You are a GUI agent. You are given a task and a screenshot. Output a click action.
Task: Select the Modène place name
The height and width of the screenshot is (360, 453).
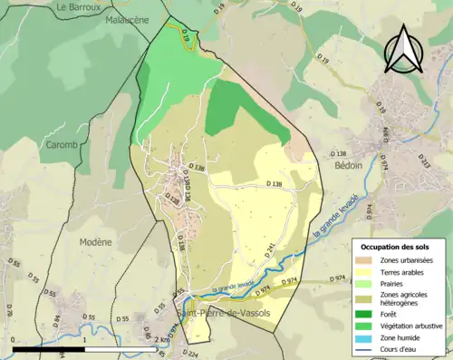pyautogui.click(x=94, y=242)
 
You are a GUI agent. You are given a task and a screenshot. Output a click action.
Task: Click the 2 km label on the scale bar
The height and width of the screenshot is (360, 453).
pyautogui.click(x=159, y=340)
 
